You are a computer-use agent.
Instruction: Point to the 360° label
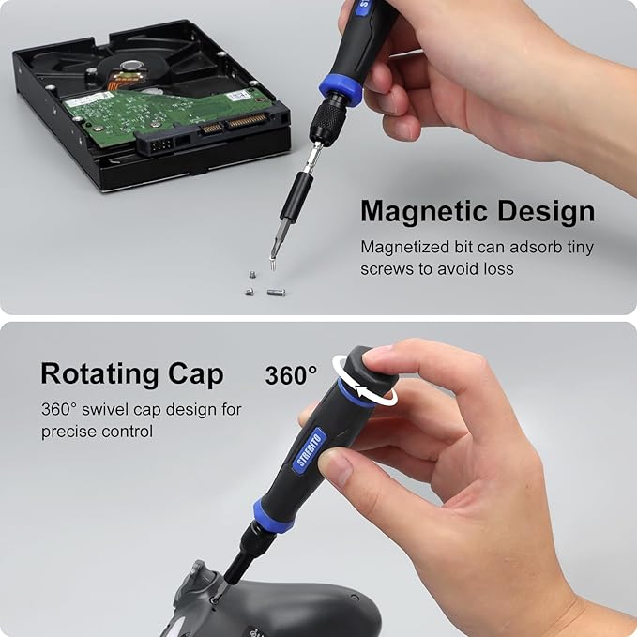pyautogui.click(x=292, y=375)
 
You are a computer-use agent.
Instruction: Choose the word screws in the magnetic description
pyautogui.click(x=386, y=268)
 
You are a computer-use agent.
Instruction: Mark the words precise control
pyautogui.click(x=97, y=432)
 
